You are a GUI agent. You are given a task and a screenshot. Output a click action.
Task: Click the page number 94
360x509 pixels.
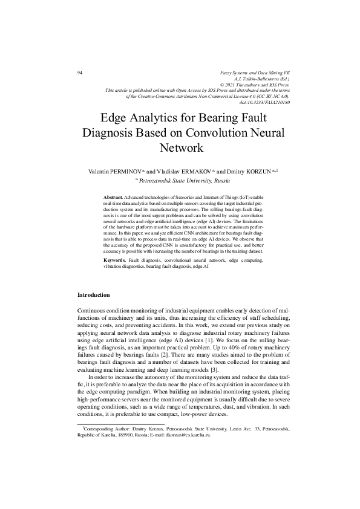(80, 73)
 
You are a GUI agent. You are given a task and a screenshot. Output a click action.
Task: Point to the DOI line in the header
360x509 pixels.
(265, 102)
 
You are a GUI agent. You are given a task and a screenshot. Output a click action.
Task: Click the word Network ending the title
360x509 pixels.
(180, 148)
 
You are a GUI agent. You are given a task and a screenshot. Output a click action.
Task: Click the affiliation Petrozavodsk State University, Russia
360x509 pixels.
(185, 180)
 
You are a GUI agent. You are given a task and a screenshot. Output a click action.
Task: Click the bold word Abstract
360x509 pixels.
(113, 198)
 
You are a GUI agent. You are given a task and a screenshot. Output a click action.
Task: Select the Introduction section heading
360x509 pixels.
(94, 295)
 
